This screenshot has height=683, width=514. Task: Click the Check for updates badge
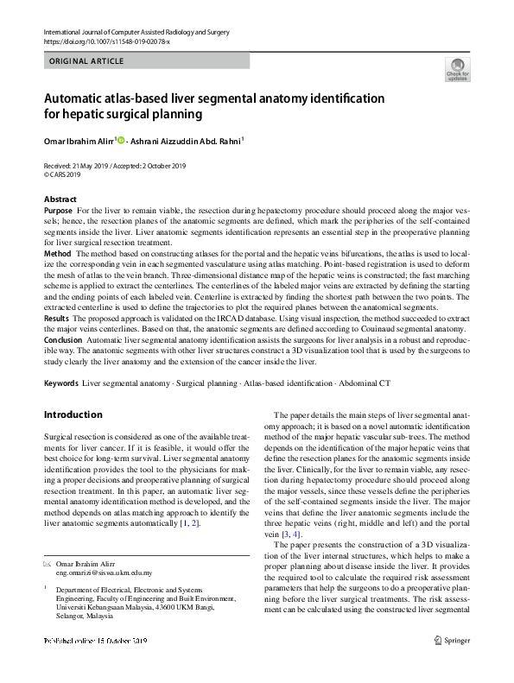(x=457, y=69)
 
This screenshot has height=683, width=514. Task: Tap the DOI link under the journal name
(x=106, y=41)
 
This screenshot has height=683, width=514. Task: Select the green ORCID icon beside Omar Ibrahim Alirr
(x=121, y=140)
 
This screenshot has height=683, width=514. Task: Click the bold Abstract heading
(x=60, y=199)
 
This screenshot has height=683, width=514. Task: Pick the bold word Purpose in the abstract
(x=58, y=211)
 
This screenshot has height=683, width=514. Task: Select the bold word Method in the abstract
(x=57, y=254)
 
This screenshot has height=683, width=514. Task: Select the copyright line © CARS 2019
(x=66, y=174)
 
